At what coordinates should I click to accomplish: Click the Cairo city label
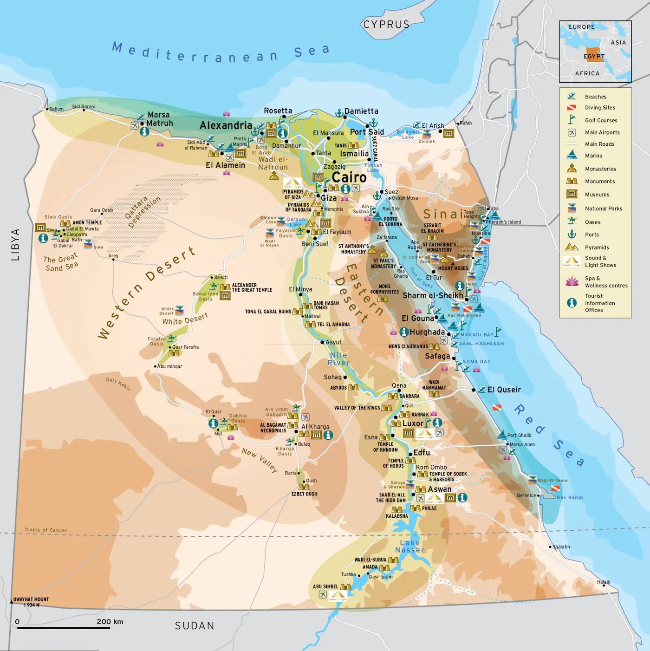click(x=349, y=177)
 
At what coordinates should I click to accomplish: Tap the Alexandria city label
click(x=226, y=125)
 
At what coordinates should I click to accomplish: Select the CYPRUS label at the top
click(x=386, y=25)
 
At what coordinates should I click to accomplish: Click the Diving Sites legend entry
click(x=600, y=108)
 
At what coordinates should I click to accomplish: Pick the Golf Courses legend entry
click(x=601, y=120)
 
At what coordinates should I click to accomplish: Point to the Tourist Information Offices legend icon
click(x=572, y=303)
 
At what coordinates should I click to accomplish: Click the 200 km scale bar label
click(x=110, y=622)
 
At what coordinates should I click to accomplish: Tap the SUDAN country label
click(x=195, y=626)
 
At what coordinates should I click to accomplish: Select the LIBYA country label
click(x=15, y=244)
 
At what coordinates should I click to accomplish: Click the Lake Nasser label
click(x=409, y=547)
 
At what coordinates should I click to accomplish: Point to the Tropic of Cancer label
click(x=45, y=530)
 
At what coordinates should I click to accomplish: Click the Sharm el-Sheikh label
click(x=433, y=295)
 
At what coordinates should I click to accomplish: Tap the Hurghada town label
click(x=427, y=332)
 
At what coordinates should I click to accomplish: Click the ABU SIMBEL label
click(x=325, y=586)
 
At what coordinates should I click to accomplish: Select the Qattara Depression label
click(x=143, y=211)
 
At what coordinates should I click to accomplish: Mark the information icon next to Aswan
click(x=462, y=498)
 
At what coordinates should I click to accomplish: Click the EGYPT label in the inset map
click(x=594, y=56)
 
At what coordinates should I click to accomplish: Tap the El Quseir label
click(x=504, y=390)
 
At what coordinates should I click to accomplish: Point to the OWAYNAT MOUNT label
click(x=31, y=599)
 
